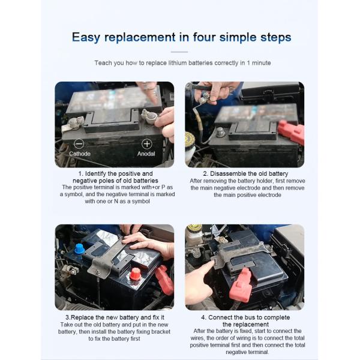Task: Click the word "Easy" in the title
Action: point(86,37)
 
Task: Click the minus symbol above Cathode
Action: point(79,144)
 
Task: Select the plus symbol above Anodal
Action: point(147,144)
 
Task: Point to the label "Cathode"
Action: point(80,154)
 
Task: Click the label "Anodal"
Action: point(146,154)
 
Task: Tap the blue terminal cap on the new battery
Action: point(79,250)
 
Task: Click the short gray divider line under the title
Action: point(179,52)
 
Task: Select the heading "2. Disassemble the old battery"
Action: point(245,173)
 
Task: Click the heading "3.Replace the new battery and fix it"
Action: point(115,317)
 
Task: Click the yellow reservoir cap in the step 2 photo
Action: point(190,139)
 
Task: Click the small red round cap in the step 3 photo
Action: point(135,274)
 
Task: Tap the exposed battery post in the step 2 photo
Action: point(220,132)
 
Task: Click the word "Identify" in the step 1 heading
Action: point(95,173)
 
